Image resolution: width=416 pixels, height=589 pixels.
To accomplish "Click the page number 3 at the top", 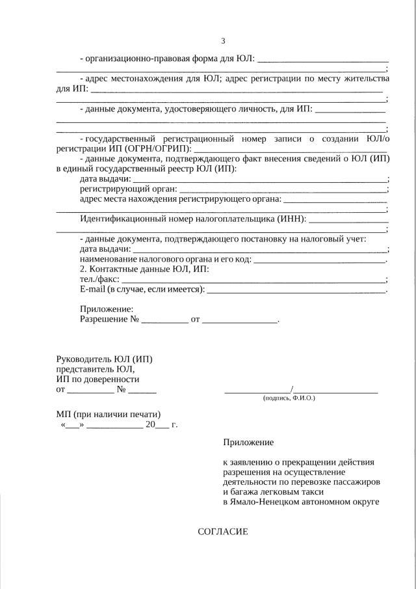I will [223, 41].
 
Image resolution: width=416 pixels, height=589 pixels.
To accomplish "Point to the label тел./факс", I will [99, 279].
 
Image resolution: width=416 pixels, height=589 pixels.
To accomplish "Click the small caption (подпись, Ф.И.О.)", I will [289, 397].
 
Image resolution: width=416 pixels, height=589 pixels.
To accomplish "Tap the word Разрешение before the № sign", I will [104, 319].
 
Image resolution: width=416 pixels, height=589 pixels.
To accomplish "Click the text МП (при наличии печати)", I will [109, 415].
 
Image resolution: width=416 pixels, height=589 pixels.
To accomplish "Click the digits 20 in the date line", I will [151, 425].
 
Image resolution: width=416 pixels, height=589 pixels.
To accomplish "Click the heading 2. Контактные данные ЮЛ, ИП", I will [144, 269].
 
